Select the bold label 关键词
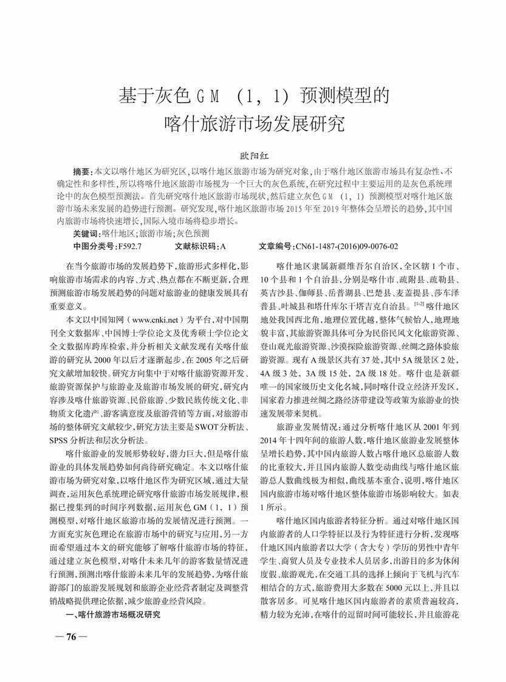86,233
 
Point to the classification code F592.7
129,246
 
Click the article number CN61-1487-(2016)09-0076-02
346,246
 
